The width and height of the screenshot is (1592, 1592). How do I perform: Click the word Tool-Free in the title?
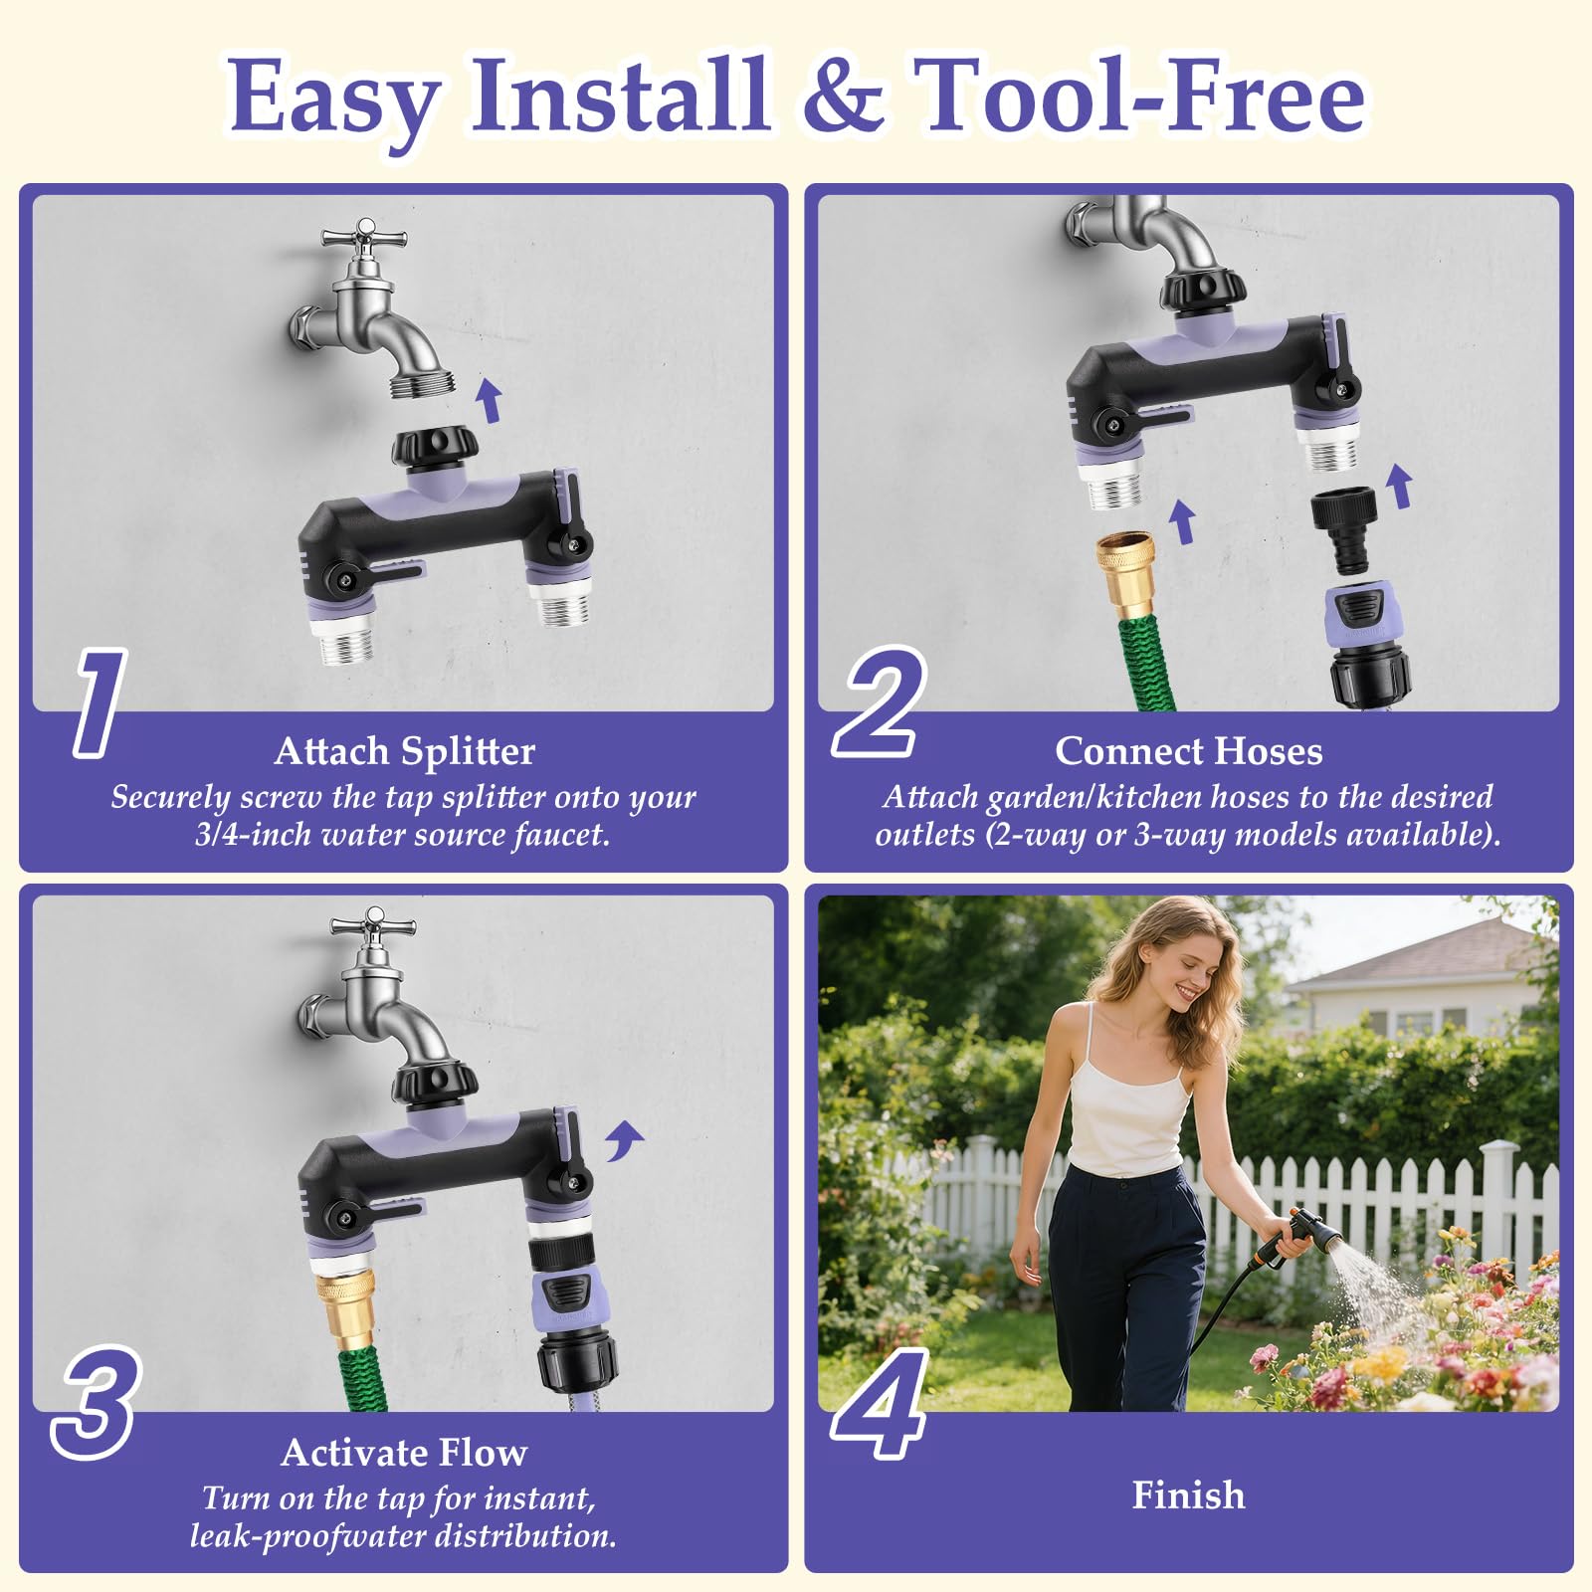point(1139,96)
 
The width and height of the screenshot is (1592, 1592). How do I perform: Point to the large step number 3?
point(96,1402)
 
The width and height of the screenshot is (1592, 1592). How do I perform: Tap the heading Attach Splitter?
point(404,751)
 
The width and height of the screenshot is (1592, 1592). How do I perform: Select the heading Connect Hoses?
point(1189,751)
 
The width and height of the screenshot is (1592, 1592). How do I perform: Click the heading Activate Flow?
point(404,1453)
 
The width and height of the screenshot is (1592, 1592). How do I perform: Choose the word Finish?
point(1189,1495)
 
